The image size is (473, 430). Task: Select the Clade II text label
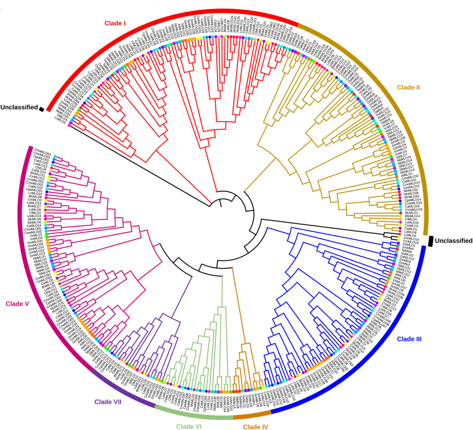pyautogui.click(x=408, y=88)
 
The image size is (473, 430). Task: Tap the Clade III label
pyautogui.click(x=409, y=339)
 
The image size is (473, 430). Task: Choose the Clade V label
pyautogui.click(x=17, y=303)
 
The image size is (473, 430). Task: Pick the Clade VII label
pyautogui.click(x=108, y=402)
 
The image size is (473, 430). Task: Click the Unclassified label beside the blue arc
pyautogui.click(x=453, y=240)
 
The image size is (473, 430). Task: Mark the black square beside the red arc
pyautogui.click(x=41, y=109)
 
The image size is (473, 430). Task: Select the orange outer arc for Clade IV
pyautogui.click(x=252, y=416)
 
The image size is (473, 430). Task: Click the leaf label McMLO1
pyautogui.click(x=410, y=212)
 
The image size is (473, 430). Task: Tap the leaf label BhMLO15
pyautogui.click(x=412, y=216)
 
